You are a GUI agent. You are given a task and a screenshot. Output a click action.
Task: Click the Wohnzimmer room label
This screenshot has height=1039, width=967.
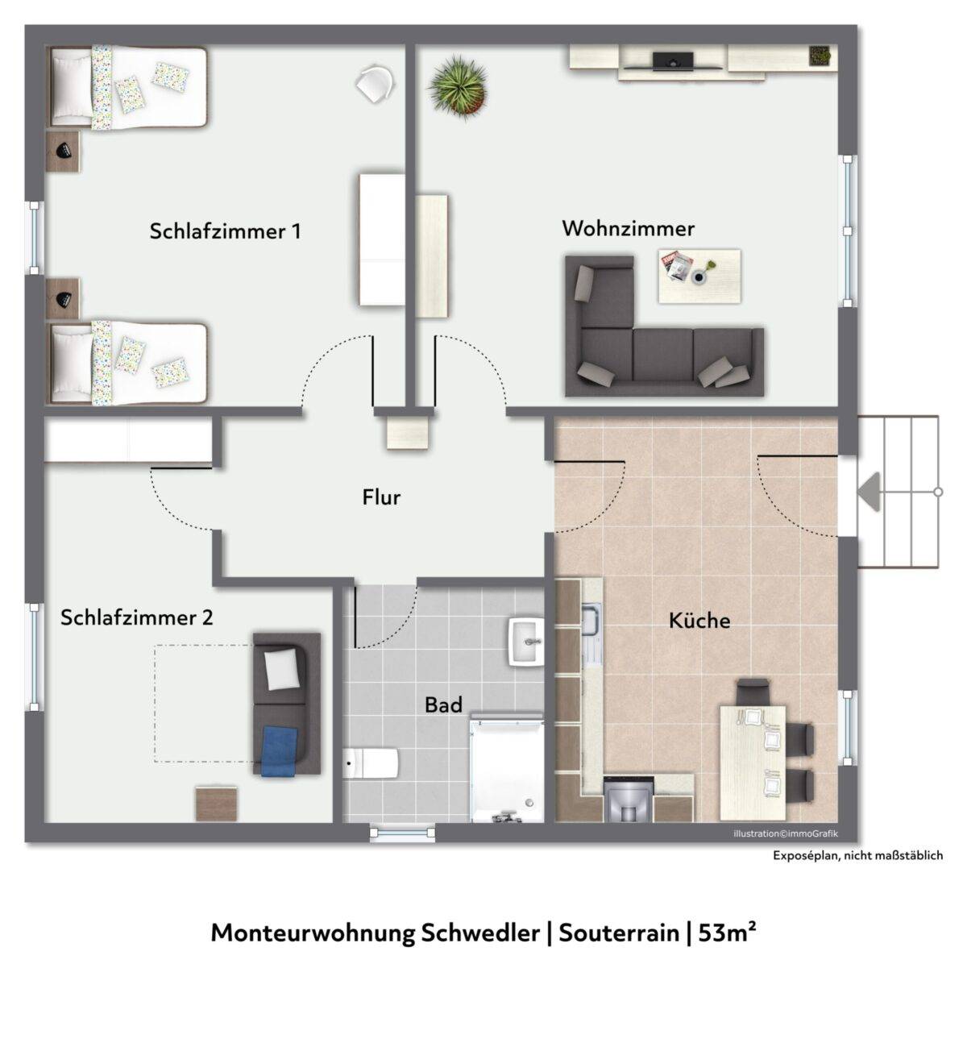click(628, 229)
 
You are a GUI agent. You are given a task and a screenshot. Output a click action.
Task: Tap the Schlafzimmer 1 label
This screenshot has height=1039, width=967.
click(226, 231)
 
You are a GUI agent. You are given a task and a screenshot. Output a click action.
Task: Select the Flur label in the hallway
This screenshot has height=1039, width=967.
click(381, 497)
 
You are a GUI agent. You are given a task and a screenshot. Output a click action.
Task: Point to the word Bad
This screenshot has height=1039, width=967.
click(444, 705)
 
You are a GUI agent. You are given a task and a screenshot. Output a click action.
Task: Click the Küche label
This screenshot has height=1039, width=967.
click(699, 621)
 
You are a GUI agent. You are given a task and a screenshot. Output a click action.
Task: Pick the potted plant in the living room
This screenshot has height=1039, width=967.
click(459, 88)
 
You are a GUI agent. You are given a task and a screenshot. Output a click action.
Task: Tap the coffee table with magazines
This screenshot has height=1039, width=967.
click(699, 276)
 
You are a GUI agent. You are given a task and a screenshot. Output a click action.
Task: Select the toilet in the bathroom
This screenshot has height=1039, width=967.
click(371, 763)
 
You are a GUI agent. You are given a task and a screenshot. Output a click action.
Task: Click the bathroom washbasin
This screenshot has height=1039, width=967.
click(525, 642)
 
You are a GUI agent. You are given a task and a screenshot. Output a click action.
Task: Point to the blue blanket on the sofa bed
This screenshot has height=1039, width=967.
click(280, 750)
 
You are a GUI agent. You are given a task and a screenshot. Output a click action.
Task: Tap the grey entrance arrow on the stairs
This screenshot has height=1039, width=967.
click(869, 492)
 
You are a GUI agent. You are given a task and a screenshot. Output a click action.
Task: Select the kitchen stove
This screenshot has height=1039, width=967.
click(629, 800)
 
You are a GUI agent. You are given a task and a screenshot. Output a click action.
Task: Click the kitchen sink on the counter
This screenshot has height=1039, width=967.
click(591, 618)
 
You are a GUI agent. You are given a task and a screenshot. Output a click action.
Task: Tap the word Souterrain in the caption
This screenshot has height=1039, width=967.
click(619, 933)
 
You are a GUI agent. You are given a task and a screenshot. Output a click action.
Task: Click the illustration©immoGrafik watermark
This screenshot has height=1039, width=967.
click(786, 834)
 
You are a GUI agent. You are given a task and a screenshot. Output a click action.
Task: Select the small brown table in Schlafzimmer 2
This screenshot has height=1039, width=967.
click(216, 804)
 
